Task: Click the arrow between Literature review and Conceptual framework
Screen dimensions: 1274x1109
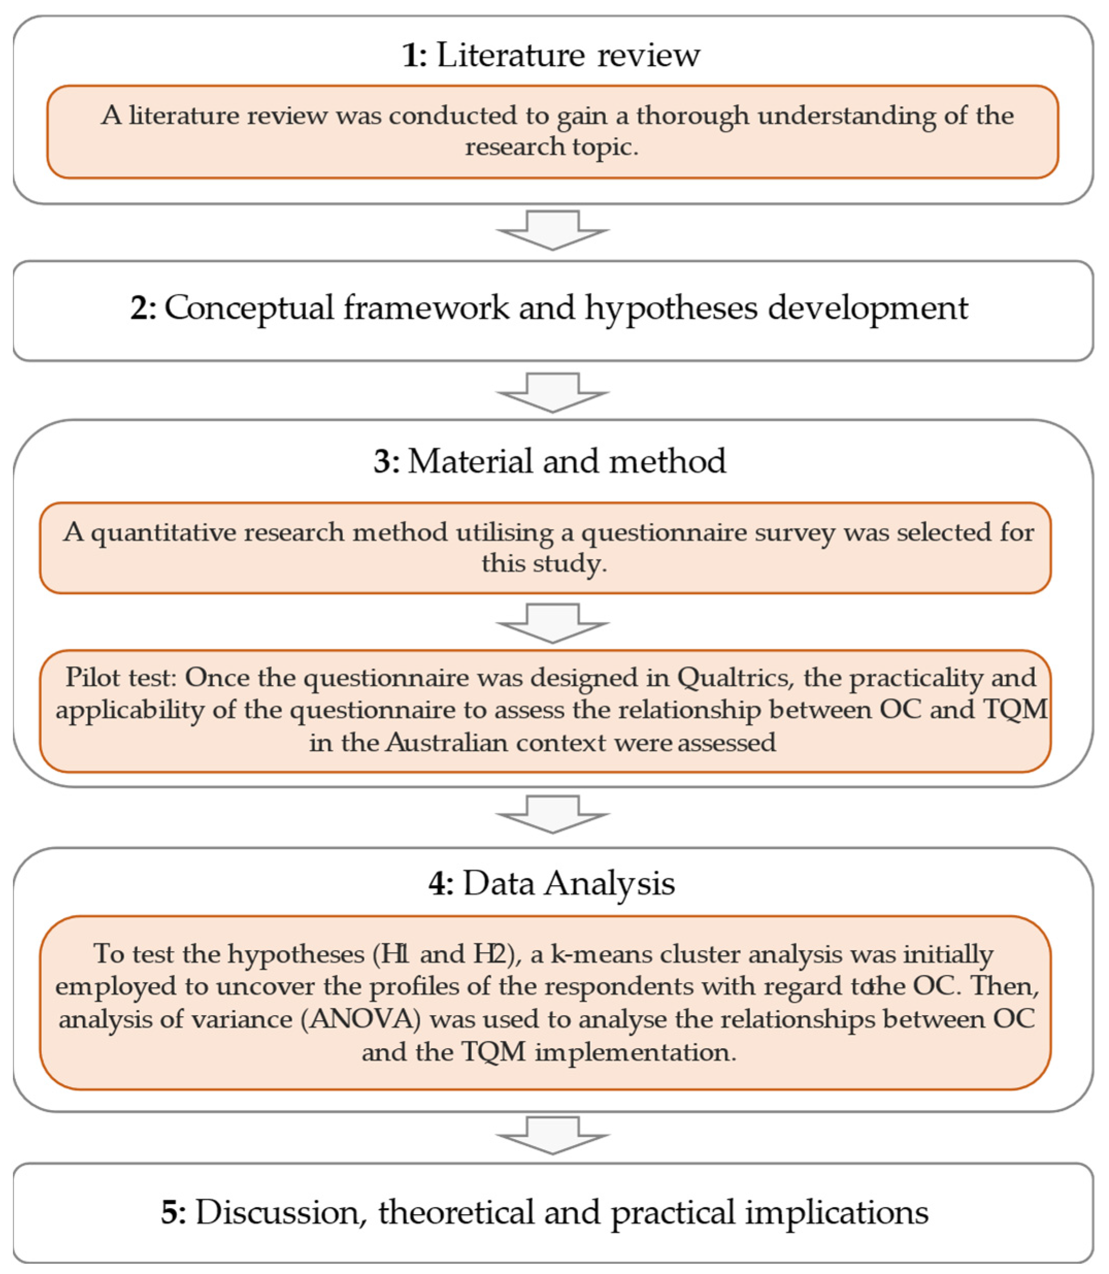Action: pyautogui.click(x=552, y=230)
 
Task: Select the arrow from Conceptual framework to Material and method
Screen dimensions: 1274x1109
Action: pyautogui.click(x=552, y=392)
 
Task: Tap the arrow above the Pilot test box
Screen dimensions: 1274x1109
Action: pyautogui.click(x=552, y=623)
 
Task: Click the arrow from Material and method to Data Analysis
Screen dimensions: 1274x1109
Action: pyautogui.click(x=552, y=815)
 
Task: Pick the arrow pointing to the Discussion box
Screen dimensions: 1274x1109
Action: pyautogui.click(x=552, y=1135)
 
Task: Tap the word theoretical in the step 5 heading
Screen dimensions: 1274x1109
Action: pyautogui.click(x=456, y=1212)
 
